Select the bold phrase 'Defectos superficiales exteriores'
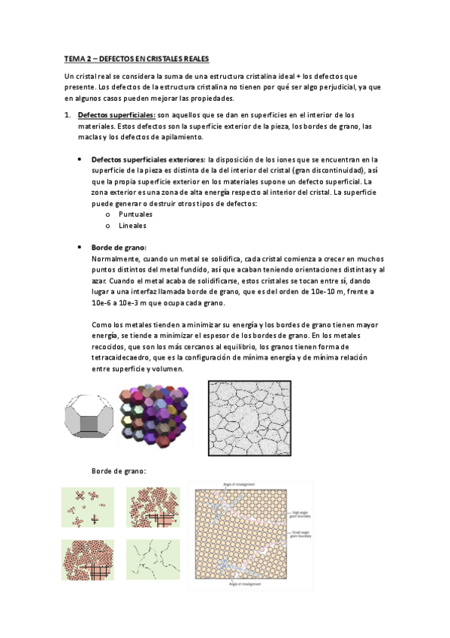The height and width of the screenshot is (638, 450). [147, 159]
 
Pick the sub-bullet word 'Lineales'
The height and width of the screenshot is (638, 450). [132, 225]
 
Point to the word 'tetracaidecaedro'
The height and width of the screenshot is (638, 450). [122, 357]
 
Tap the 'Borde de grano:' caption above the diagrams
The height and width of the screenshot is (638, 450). [119, 471]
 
